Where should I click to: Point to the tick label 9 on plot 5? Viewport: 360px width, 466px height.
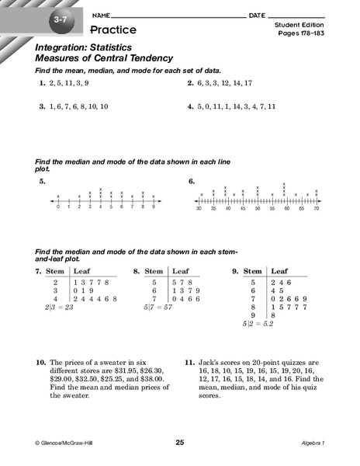click(154, 207)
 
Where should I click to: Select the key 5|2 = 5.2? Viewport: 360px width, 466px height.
click(258, 322)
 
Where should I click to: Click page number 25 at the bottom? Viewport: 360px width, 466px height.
click(179, 442)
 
